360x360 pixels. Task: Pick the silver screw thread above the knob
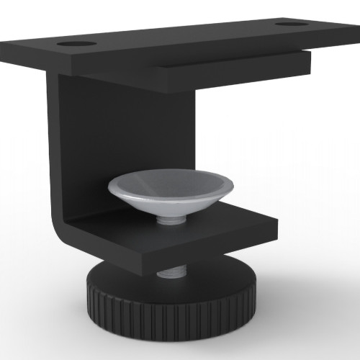click(171, 272)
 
